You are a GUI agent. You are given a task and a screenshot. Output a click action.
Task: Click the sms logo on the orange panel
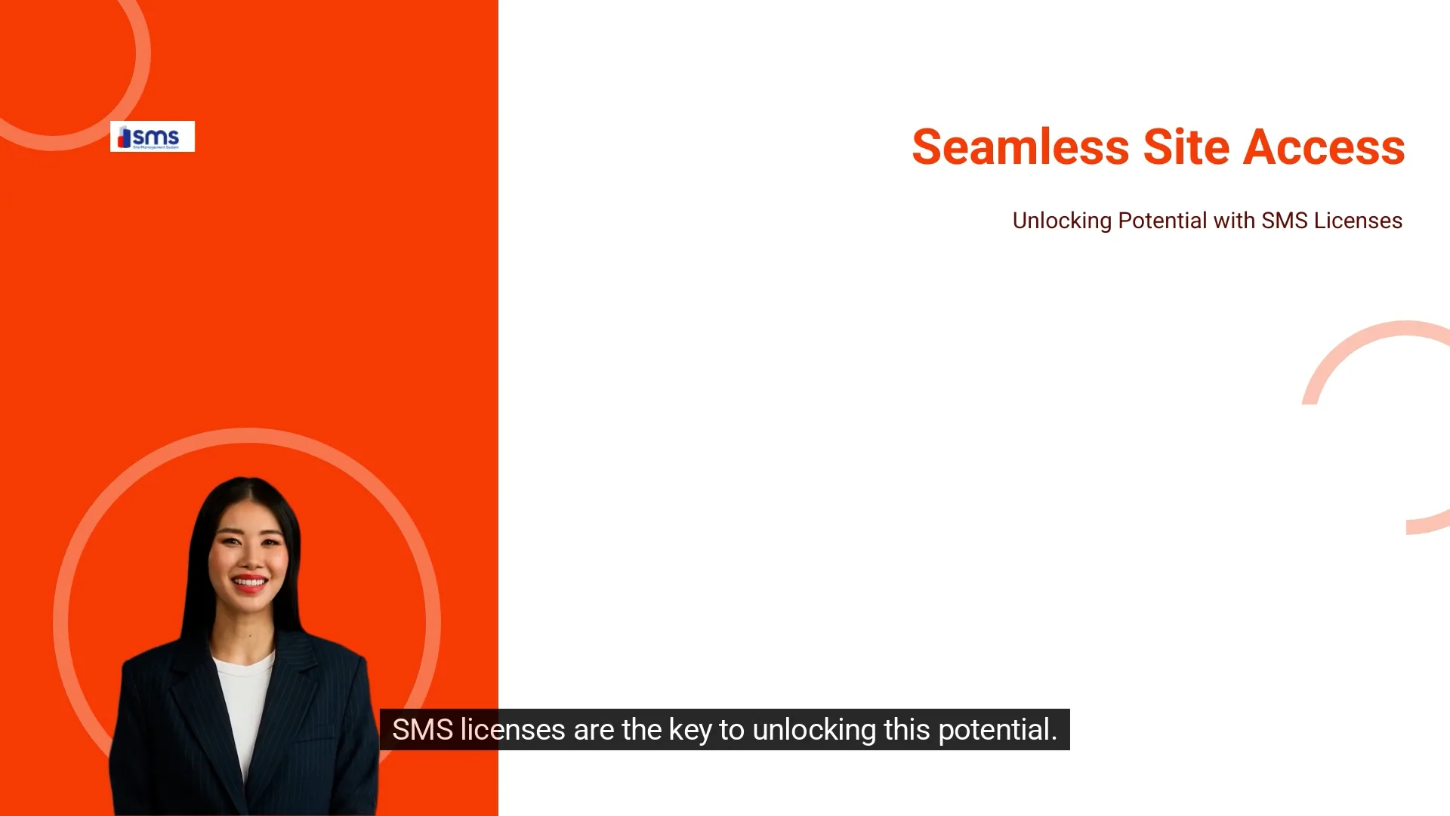pyautogui.click(x=152, y=137)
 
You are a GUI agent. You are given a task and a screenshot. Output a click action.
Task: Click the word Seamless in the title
pyautogui.click(x=1020, y=147)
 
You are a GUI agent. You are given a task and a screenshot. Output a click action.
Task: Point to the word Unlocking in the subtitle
pyautogui.click(x=1061, y=221)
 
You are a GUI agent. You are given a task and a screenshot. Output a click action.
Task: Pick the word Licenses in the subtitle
pyautogui.click(x=1358, y=221)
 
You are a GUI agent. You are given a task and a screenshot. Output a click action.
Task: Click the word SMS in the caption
pyautogui.click(x=422, y=730)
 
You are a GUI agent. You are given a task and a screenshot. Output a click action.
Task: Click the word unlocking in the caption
pyautogui.click(x=814, y=730)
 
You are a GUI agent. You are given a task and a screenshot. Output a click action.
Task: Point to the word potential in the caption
pyautogui.click(x=997, y=731)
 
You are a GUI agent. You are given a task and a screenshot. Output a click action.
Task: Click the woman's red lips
pyautogui.click(x=249, y=583)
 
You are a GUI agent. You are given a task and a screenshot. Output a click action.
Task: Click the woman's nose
pyautogui.click(x=248, y=558)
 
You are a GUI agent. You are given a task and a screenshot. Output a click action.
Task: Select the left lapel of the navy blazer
pyautogui.click(x=189, y=703)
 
